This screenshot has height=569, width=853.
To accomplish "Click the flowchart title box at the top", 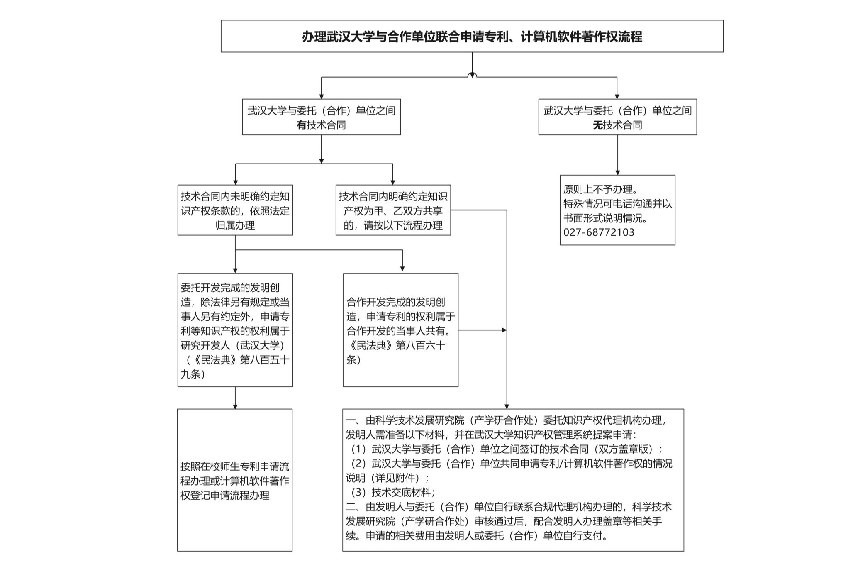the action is (472, 36).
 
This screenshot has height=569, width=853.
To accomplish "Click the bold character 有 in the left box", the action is (302, 125).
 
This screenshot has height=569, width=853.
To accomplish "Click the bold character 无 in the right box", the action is (598, 125).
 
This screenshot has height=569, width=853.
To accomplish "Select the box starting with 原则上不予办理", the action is (617, 210).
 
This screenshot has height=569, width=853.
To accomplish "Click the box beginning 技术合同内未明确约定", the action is (235, 210).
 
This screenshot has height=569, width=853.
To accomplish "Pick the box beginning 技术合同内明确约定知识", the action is (393, 210).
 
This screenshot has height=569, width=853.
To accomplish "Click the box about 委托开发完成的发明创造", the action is (235, 330).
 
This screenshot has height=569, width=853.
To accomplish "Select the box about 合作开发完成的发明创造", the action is (401, 330).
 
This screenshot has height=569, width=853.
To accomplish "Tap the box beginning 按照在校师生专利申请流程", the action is (235, 480).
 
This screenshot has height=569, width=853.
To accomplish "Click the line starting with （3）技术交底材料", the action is (390, 493).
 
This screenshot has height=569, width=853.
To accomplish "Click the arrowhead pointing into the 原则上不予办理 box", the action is (617, 172).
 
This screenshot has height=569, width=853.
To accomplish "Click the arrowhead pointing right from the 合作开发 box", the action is (504, 330).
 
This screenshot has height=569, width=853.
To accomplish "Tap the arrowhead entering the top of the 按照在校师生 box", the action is (235, 406).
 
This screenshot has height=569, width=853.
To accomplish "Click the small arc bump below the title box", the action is (472, 75).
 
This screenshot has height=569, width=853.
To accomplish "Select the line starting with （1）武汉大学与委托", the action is (504, 449).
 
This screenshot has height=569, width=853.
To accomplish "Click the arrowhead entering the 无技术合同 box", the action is (617, 96).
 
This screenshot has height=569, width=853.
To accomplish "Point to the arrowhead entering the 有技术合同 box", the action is (321, 96).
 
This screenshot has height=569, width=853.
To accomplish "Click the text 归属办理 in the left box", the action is (235, 225).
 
